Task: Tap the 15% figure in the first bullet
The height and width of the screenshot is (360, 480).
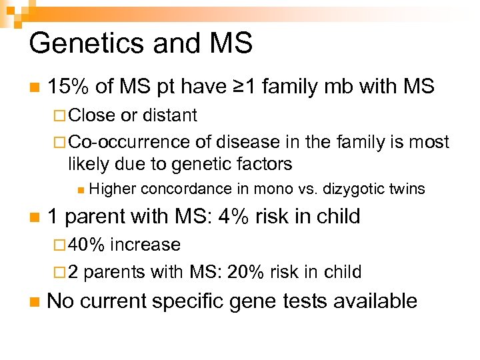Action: point(69,86)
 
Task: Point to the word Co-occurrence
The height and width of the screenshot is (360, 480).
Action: point(130,142)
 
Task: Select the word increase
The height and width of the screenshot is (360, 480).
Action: point(145,245)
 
